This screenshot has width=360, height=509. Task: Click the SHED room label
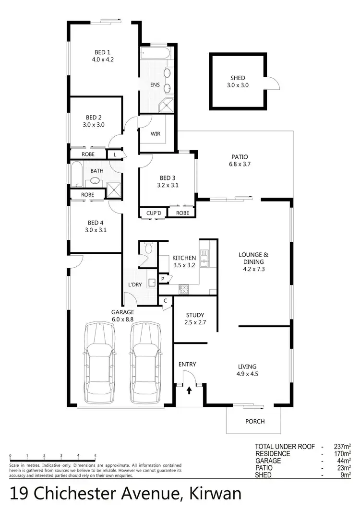[238, 82]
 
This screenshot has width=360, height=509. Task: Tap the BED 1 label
[102, 56]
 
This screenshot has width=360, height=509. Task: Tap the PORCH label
[255, 422]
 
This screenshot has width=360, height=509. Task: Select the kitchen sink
[204, 260]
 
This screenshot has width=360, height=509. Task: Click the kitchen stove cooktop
[184, 289]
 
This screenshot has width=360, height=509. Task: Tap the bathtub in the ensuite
[155, 53]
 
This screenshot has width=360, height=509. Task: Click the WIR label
[156, 134]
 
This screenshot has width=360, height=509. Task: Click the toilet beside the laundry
[148, 249]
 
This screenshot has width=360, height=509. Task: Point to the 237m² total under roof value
[342, 447]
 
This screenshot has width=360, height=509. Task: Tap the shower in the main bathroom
[113, 189]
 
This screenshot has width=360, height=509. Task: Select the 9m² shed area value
[346, 475]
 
